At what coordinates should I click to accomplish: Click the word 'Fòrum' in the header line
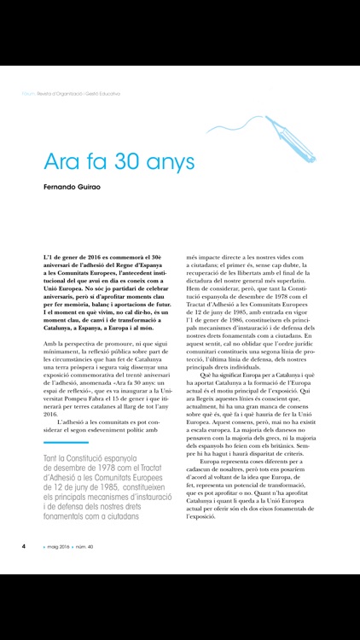[x=25, y=95]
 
